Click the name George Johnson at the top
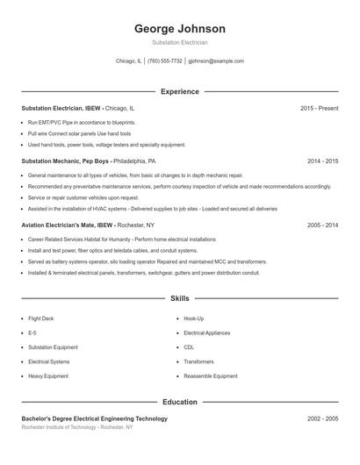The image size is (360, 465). (179, 28)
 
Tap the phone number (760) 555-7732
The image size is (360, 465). (165, 61)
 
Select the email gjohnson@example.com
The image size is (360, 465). (216, 61)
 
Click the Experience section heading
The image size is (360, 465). (179, 91)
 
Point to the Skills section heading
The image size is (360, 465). (179, 298)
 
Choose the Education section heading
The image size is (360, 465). (179, 402)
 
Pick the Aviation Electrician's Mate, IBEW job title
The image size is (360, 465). (68, 225)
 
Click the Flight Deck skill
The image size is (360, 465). (42, 318)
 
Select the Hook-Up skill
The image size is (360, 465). (193, 318)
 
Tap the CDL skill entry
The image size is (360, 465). (189, 347)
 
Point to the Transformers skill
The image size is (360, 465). (198, 361)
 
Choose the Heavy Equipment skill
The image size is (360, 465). (47, 376)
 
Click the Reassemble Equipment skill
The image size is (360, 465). (210, 376)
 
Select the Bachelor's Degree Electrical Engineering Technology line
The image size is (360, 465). (94, 418)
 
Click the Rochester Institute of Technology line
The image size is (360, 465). (77, 427)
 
